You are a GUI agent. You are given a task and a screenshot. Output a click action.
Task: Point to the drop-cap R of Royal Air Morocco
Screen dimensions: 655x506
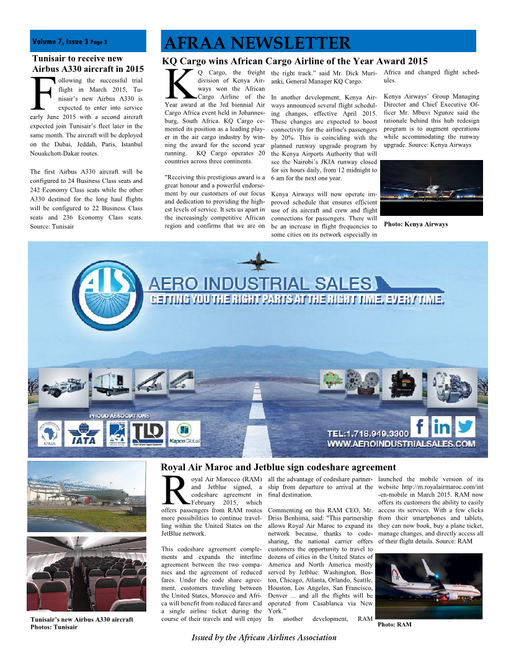point(174,490)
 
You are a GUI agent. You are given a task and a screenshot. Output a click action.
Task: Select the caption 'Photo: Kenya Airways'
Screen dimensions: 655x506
point(415,224)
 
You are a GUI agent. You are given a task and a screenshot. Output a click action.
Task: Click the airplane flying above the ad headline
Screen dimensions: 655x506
point(262,258)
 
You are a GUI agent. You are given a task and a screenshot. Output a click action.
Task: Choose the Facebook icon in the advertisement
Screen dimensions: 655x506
point(421,427)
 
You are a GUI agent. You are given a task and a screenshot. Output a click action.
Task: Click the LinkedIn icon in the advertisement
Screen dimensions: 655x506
point(442,427)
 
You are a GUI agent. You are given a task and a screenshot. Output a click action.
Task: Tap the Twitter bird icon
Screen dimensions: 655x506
point(464,427)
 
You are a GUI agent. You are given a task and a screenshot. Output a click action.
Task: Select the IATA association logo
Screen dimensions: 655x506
point(84,432)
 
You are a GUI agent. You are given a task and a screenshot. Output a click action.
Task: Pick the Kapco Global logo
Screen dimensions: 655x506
point(184,432)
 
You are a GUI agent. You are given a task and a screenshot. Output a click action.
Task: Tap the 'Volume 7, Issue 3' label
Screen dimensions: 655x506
point(70,42)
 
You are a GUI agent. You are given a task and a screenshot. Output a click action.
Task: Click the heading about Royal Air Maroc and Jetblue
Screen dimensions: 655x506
point(278,467)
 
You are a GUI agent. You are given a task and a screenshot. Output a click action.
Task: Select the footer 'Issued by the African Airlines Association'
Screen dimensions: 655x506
point(264,637)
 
